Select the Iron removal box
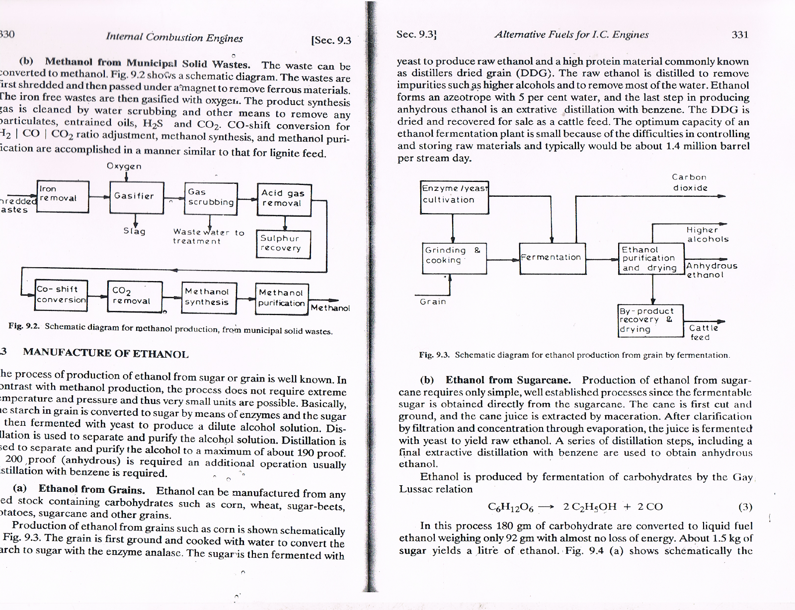(x=63, y=196)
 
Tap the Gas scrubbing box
(x=211, y=198)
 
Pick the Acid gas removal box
(x=284, y=199)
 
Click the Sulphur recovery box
(x=283, y=244)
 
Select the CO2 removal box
(x=134, y=297)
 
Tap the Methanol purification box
(x=282, y=299)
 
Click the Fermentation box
(x=552, y=258)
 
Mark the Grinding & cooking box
(x=454, y=258)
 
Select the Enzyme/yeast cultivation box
(x=454, y=196)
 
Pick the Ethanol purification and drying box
(x=651, y=258)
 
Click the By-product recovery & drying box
(x=650, y=320)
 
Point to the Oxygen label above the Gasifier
(x=124, y=166)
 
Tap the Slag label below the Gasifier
(x=134, y=231)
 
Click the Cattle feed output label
(x=703, y=332)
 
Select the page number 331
(x=740, y=34)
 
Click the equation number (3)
(x=745, y=507)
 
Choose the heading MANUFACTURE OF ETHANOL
(x=106, y=354)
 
